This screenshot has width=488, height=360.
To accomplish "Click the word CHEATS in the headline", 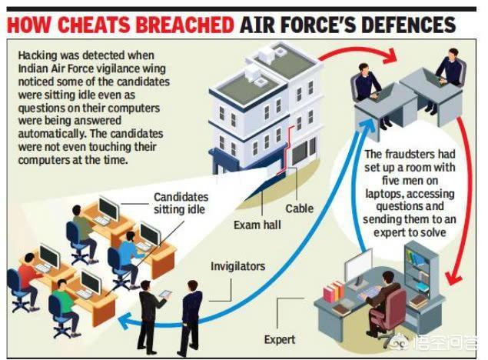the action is (x=93, y=25).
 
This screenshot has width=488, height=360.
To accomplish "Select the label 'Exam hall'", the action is (x=257, y=225).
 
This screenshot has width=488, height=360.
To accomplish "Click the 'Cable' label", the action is (x=300, y=208).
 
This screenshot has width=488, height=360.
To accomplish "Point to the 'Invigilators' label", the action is (x=238, y=266).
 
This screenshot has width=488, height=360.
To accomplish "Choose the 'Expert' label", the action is (x=280, y=339).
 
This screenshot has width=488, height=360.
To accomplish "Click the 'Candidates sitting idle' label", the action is (x=181, y=203).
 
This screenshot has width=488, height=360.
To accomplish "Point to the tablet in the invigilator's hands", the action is (x=165, y=294).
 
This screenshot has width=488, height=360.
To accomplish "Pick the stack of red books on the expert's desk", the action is (x=334, y=292).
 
